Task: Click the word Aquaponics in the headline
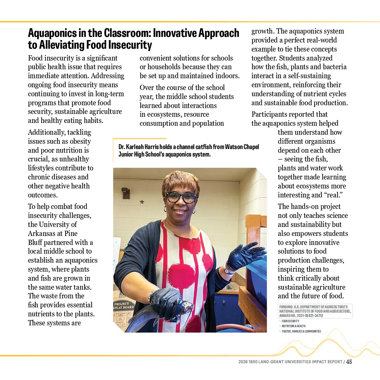click(52, 33)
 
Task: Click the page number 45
click(349, 362)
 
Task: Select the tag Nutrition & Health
click(293, 326)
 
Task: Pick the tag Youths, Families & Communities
click(301, 332)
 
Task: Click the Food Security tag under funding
click(290, 321)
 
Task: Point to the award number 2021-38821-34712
click(310, 316)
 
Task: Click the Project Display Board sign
click(124, 305)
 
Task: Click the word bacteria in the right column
click(335, 67)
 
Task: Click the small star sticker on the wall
click(142, 202)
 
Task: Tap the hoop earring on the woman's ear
click(194, 211)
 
